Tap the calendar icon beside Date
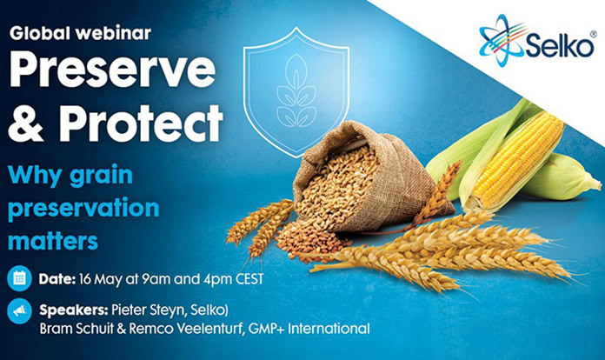18,279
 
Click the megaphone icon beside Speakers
18,310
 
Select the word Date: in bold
59,279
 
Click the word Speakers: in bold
73,310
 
